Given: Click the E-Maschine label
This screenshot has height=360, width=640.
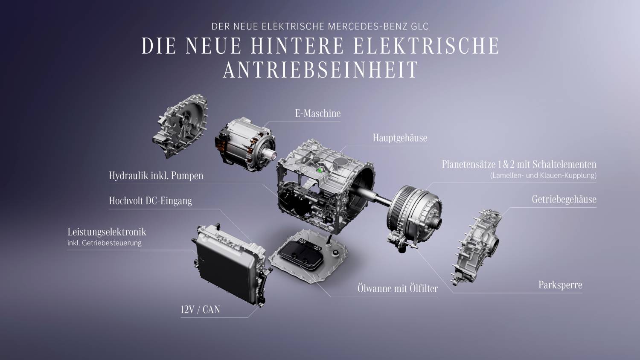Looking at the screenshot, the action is point(318,114).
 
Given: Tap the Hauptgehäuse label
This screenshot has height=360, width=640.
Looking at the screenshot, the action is point(400,138).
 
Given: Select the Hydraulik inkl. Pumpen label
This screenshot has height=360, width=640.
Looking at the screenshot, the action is point(156,175).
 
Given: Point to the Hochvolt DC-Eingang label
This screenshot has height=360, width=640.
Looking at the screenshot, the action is point(150,200).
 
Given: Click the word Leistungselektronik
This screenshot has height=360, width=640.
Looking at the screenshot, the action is point(107,232).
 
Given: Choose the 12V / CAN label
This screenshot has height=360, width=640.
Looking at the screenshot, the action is point(200,310).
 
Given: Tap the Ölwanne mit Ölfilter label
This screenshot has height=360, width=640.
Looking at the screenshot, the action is point(397,288).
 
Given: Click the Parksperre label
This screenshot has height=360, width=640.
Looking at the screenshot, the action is point(560,285).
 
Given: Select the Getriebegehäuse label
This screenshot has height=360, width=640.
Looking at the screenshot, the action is point(564,200).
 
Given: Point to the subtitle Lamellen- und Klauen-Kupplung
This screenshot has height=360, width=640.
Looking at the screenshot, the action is point(543,175).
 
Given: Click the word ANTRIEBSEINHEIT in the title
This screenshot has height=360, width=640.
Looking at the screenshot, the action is point(320,70).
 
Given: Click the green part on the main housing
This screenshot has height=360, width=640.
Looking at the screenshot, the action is point(320,171).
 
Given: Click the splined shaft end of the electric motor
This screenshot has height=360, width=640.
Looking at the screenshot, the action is point(272,156).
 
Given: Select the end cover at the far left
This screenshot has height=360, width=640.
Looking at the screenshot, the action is point(180,126).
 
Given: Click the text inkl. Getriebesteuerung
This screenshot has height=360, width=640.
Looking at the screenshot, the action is point(104,243).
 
